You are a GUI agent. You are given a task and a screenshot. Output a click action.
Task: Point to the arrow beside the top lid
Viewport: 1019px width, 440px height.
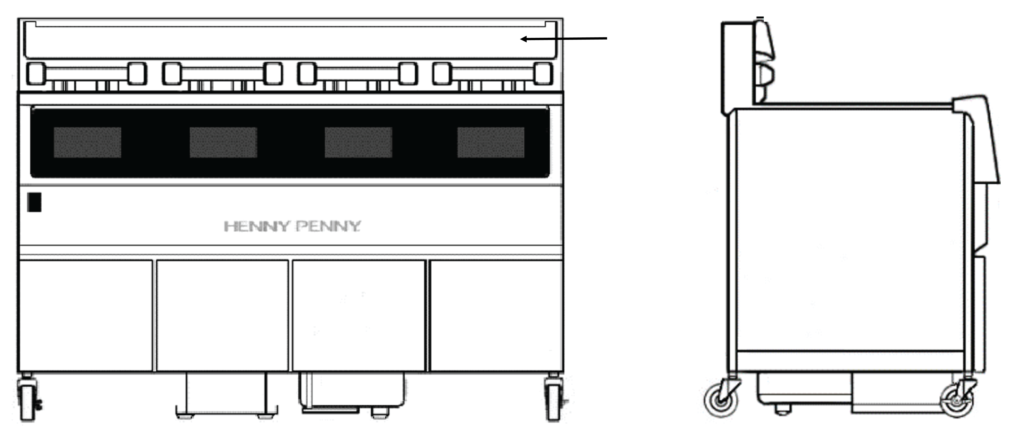click(x=564, y=39)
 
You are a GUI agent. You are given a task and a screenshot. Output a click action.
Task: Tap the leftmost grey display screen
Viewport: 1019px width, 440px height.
click(x=87, y=142)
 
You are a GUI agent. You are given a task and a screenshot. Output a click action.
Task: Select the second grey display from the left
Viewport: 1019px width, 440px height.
click(x=223, y=142)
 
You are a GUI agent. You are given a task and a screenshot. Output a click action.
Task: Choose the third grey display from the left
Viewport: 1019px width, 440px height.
click(x=358, y=142)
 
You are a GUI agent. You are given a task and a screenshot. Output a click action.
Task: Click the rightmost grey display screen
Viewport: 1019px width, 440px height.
click(x=491, y=142)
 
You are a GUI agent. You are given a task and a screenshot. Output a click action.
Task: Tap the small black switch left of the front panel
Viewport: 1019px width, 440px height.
click(x=34, y=202)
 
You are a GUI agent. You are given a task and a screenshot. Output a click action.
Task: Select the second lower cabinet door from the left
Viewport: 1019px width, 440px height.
click(x=222, y=315)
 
